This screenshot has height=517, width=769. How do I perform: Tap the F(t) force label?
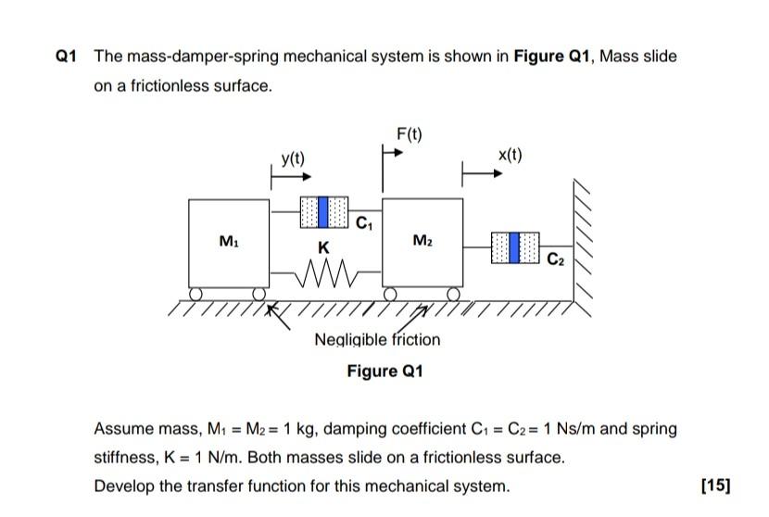[x=409, y=135]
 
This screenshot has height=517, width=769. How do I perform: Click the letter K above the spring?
[x=322, y=247]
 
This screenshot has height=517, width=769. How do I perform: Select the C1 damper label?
[x=364, y=222]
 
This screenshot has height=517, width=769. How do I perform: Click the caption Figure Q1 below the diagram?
[x=384, y=372]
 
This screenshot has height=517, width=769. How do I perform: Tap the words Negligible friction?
[x=377, y=340]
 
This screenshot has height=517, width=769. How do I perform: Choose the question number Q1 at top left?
[x=65, y=57]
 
